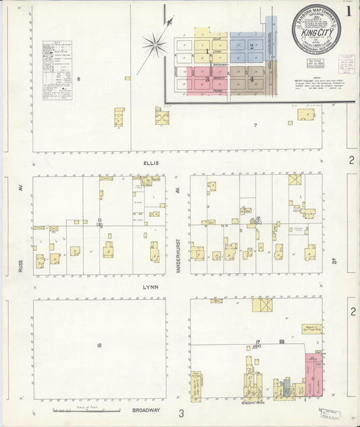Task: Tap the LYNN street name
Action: click(150, 286)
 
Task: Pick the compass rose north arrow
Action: click(154, 45)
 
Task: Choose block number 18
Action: click(99, 345)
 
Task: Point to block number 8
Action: click(78, 80)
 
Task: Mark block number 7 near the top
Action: click(255, 126)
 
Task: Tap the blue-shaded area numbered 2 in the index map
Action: click(251, 47)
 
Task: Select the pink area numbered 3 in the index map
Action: click(208, 79)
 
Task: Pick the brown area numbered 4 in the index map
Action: click(251, 79)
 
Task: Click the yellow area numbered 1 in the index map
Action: click(207, 51)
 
